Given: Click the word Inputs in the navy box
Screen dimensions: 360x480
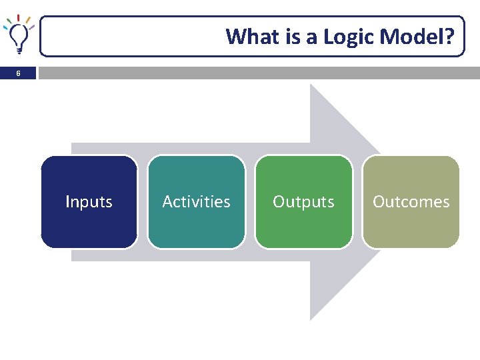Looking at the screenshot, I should point(89,201).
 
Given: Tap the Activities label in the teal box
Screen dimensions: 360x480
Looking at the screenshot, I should point(196,201).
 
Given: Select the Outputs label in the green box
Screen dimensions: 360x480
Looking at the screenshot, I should point(303,201).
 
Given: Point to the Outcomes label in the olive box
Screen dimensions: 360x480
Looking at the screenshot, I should point(411,201).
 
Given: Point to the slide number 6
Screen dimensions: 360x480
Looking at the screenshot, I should point(18,73).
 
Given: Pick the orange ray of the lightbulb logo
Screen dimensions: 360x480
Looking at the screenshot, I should point(28,20).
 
